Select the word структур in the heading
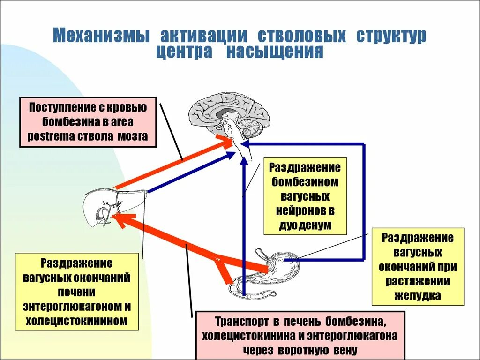click(x=391, y=36)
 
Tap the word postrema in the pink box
click(x=51, y=137)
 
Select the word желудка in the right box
click(x=418, y=296)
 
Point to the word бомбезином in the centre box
click(x=305, y=182)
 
